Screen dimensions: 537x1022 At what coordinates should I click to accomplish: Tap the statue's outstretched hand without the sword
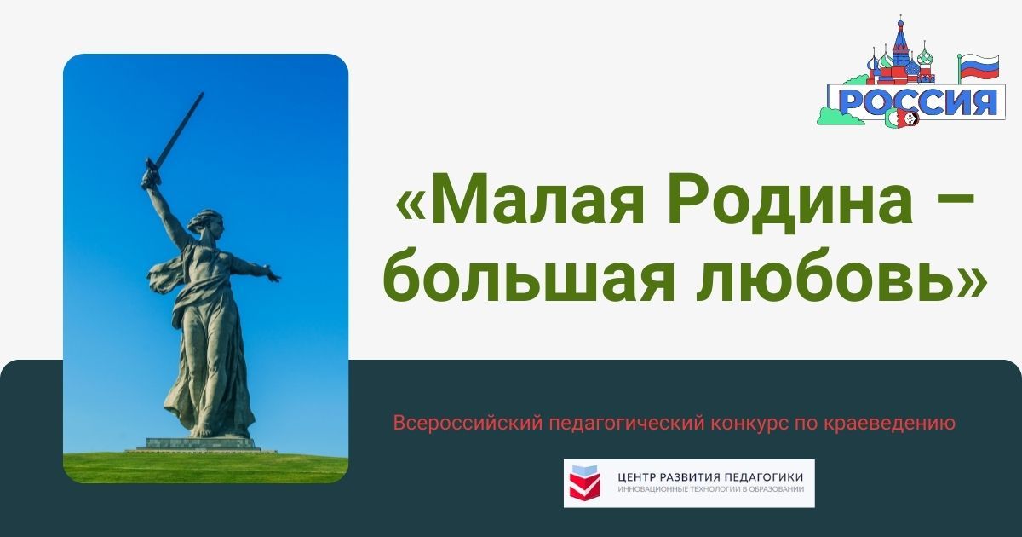coord(273,276)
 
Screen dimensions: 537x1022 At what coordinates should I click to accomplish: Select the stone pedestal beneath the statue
coord(200,443)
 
